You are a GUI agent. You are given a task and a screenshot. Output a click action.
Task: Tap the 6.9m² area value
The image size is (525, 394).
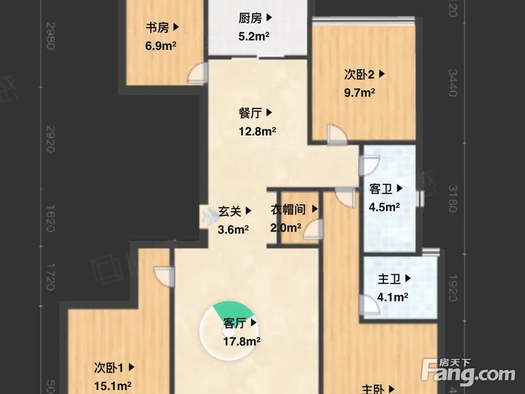[161, 46]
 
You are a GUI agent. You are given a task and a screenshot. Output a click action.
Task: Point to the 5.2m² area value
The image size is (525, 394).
[254, 37]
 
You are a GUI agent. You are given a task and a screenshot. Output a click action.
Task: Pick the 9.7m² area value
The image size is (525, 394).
[360, 93]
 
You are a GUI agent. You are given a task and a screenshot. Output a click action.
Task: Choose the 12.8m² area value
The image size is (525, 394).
[257, 131]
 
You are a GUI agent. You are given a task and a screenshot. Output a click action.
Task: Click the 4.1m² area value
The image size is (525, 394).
[393, 298]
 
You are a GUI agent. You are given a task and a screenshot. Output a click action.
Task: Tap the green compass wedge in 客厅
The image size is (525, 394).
[229, 310]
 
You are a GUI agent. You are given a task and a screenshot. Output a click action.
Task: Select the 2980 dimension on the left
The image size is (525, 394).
[50, 36]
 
